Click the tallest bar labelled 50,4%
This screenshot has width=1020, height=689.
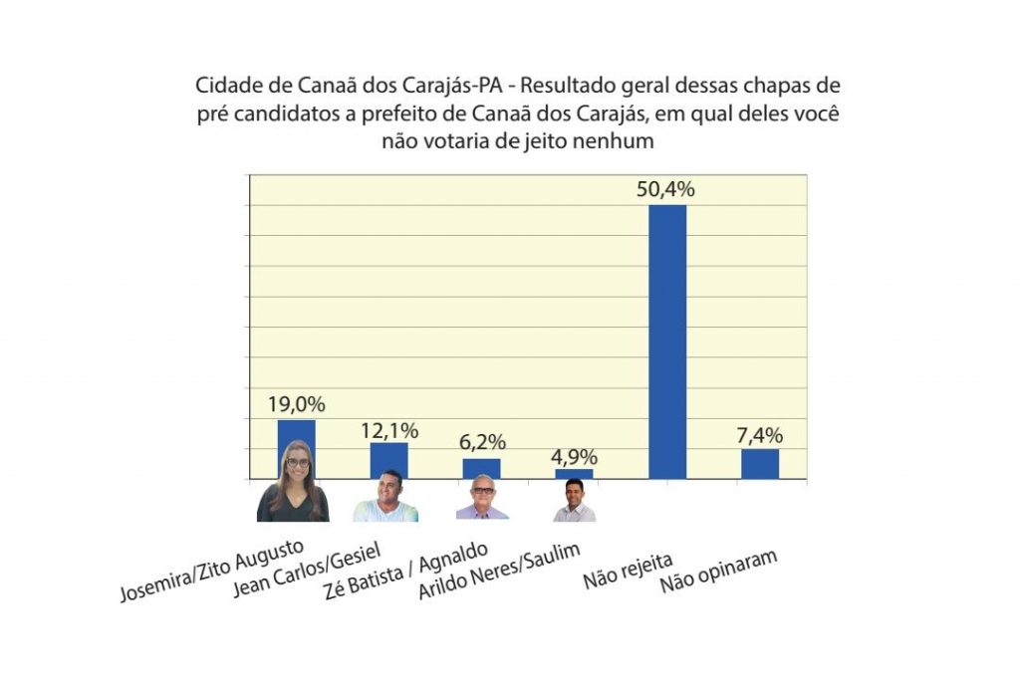click(x=667, y=342)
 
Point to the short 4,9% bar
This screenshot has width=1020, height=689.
click(x=574, y=474)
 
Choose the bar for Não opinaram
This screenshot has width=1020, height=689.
click(x=760, y=464)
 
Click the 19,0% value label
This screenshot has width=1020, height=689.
click(x=296, y=405)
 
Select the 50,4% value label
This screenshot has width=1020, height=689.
click(x=666, y=189)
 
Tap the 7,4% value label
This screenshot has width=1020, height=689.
click(x=760, y=435)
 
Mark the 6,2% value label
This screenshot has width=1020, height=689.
click(x=481, y=442)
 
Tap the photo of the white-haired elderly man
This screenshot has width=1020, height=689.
click(x=482, y=498)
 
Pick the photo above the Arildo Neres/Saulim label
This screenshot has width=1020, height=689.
click(x=574, y=500)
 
